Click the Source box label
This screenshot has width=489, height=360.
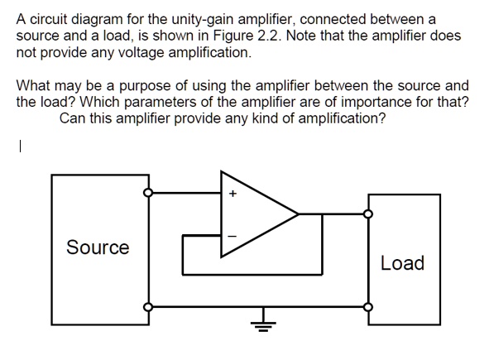[x=98, y=247]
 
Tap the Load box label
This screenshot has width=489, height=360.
[x=402, y=263]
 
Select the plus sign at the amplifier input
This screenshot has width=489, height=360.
[x=233, y=195]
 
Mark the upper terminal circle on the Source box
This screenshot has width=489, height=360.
[x=148, y=193]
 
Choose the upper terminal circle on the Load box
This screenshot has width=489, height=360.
[x=369, y=214]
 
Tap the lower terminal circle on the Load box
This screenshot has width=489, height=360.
[x=369, y=305]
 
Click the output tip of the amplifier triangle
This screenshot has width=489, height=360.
[x=298, y=214]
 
